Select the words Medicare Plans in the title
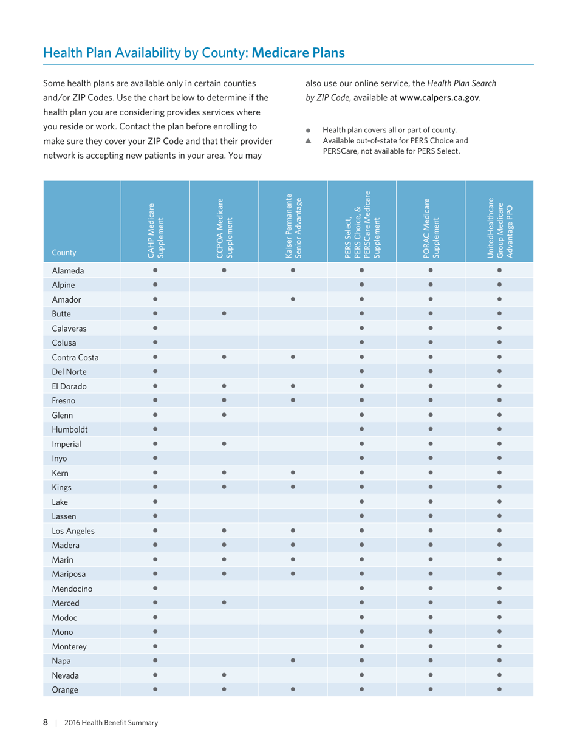click(298, 53)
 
